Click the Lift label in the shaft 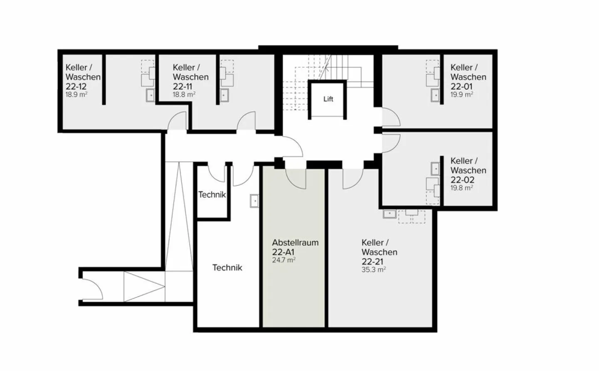(x=328, y=99)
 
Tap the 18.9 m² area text (x=76, y=94)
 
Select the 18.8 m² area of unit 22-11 (x=184, y=94)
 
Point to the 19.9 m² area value (x=462, y=94)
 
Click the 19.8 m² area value (x=462, y=188)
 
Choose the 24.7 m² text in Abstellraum (x=284, y=260)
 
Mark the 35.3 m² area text (x=374, y=269)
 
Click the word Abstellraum (x=295, y=243)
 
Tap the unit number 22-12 (x=76, y=86)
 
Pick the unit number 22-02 (x=462, y=180)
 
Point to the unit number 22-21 (x=373, y=261)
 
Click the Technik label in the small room (x=212, y=194)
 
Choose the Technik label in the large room (x=227, y=268)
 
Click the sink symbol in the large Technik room (x=254, y=201)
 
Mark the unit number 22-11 (x=183, y=86)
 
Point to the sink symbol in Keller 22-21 (x=390, y=214)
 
